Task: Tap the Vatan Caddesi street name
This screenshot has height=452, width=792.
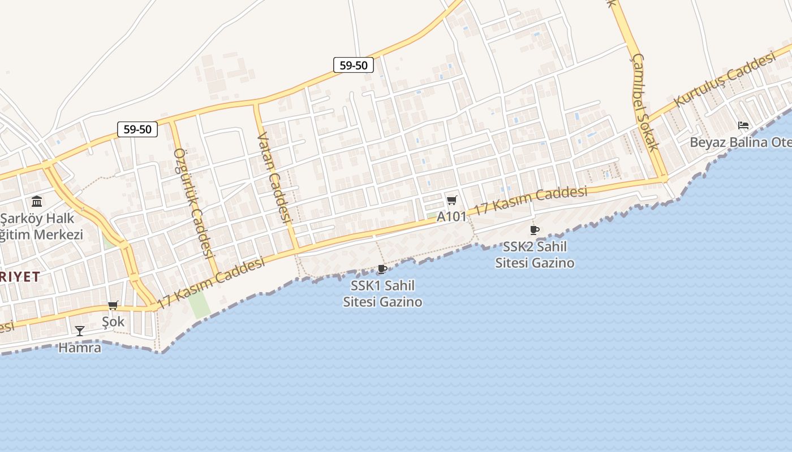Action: (274, 176)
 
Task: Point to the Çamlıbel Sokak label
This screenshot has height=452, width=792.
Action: (645, 102)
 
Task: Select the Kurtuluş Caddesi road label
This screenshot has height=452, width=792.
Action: (724, 80)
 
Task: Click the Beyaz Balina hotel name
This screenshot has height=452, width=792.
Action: (740, 142)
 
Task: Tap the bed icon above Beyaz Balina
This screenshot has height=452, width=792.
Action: (743, 125)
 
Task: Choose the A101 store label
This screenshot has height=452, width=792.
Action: (451, 216)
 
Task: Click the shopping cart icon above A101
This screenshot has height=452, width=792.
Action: (451, 200)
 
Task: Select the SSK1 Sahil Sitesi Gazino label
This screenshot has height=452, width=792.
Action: (382, 293)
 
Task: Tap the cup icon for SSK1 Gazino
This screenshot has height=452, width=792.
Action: (382, 269)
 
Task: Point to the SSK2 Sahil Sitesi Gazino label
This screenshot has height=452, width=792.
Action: (535, 254)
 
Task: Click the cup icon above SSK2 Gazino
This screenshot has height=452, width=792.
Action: (534, 230)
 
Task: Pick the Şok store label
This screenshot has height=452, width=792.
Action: (113, 321)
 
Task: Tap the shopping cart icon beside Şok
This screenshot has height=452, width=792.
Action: (113, 306)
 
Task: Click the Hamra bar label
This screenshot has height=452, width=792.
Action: (80, 347)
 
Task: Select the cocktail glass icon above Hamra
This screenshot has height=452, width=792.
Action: (80, 331)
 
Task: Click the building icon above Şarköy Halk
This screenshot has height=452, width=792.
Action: (37, 201)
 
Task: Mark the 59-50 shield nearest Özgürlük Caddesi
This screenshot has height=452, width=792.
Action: (137, 129)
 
